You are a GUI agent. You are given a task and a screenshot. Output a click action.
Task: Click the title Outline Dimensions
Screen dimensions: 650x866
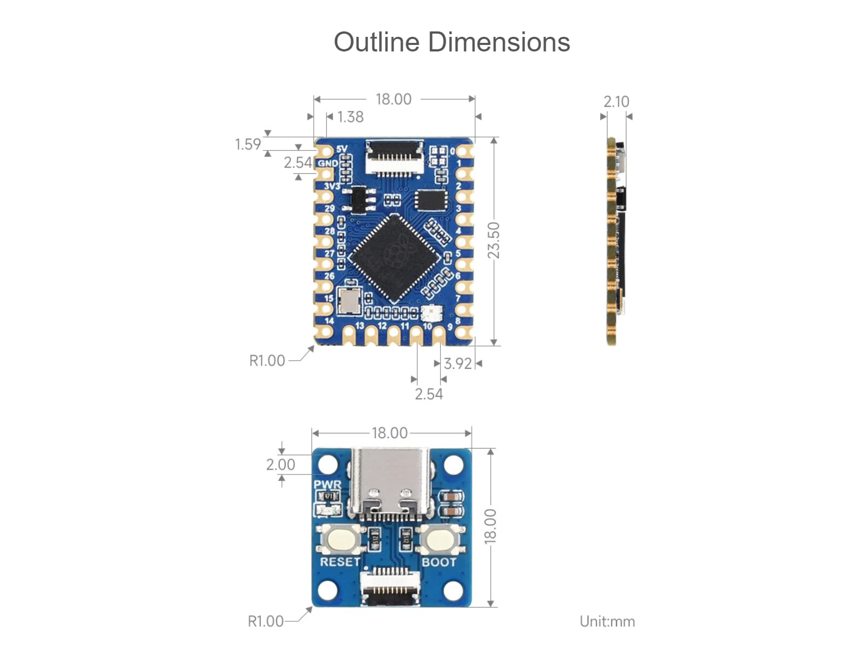coord(451,42)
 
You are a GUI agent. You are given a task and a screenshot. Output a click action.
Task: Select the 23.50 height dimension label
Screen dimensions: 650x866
coord(494,240)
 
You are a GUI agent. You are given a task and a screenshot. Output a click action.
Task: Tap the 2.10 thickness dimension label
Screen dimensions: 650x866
coord(616,101)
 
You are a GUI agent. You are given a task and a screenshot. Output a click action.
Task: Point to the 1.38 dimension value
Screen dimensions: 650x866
coord(350,117)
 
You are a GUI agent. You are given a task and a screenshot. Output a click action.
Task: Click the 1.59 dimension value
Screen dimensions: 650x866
coord(247,144)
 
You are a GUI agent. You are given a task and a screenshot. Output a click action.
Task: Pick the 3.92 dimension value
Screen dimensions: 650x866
coord(458,363)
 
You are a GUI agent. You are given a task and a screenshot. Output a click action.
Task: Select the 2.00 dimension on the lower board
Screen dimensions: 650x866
coord(280,465)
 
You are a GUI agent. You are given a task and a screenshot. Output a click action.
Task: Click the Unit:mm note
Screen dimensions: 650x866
coord(607,621)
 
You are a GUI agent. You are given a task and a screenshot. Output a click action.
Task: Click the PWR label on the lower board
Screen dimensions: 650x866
coord(327,484)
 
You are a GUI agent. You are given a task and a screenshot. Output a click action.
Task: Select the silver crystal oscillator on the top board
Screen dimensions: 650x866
coord(349,301)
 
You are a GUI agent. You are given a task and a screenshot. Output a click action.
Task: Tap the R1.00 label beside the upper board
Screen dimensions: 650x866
coord(267,361)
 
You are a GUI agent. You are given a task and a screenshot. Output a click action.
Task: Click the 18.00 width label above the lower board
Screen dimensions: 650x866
coord(390,433)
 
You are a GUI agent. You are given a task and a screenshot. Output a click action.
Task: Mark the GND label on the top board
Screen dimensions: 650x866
coord(327,163)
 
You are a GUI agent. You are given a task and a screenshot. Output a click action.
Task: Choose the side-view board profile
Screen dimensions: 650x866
coord(616,241)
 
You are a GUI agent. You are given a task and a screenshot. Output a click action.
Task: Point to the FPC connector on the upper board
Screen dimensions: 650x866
coord(394,157)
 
